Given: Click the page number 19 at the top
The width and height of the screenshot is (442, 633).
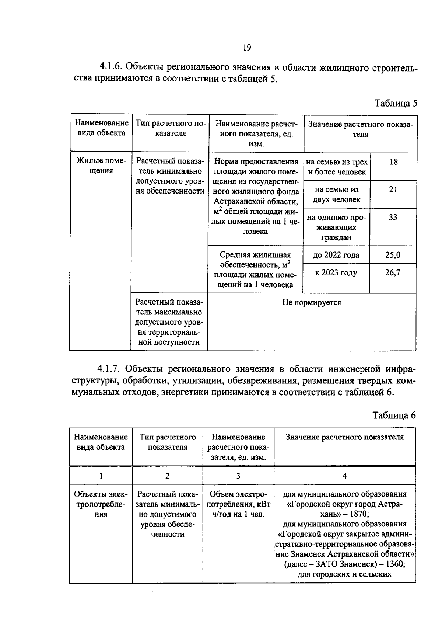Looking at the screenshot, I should (x=246, y=48).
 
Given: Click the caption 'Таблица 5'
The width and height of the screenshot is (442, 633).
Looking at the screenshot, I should (x=396, y=103).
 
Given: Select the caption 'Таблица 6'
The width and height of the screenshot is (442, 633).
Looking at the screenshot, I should (x=394, y=415).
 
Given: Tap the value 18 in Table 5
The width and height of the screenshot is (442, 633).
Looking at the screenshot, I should (x=393, y=162).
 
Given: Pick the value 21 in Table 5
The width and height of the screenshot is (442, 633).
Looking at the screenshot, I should (x=393, y=189).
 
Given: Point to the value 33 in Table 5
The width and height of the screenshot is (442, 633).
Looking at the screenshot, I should (x=393, y=217).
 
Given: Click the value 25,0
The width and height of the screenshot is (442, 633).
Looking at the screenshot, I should (x=393, y=255).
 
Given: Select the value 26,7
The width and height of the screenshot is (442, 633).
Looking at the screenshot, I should (x=393, y=273).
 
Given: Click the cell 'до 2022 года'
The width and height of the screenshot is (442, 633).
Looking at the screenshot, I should (x=336, y=255).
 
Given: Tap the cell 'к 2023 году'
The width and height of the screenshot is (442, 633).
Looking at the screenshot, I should (x=336, y=273).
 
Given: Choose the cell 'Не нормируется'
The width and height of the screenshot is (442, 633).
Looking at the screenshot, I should (x=312, y=303).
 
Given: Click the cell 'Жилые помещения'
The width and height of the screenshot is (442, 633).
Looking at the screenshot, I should (x=101, y=166).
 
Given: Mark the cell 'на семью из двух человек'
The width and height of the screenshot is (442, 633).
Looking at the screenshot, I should (x=337, y=195).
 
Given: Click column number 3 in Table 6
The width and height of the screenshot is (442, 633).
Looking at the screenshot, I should (x=238, y=476).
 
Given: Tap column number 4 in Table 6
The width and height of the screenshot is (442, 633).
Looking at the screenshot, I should (x=344, y=476).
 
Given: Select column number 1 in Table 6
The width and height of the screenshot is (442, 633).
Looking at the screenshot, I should (x=101, y=476).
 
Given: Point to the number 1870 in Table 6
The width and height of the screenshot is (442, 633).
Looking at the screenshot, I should (x=359, y=514).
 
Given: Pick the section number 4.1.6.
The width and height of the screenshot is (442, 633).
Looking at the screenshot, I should (x=111, y=66).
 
